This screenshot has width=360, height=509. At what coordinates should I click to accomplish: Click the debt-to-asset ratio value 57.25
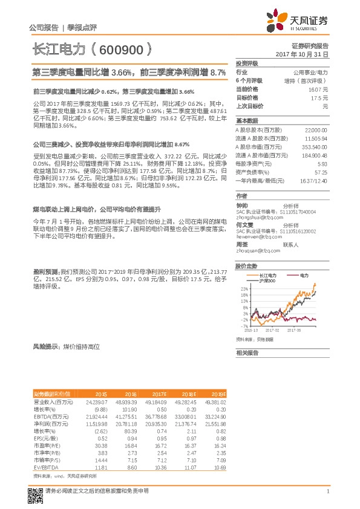click(x=321, y=172)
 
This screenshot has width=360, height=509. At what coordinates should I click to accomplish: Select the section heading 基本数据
click(x=247, y=120)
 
